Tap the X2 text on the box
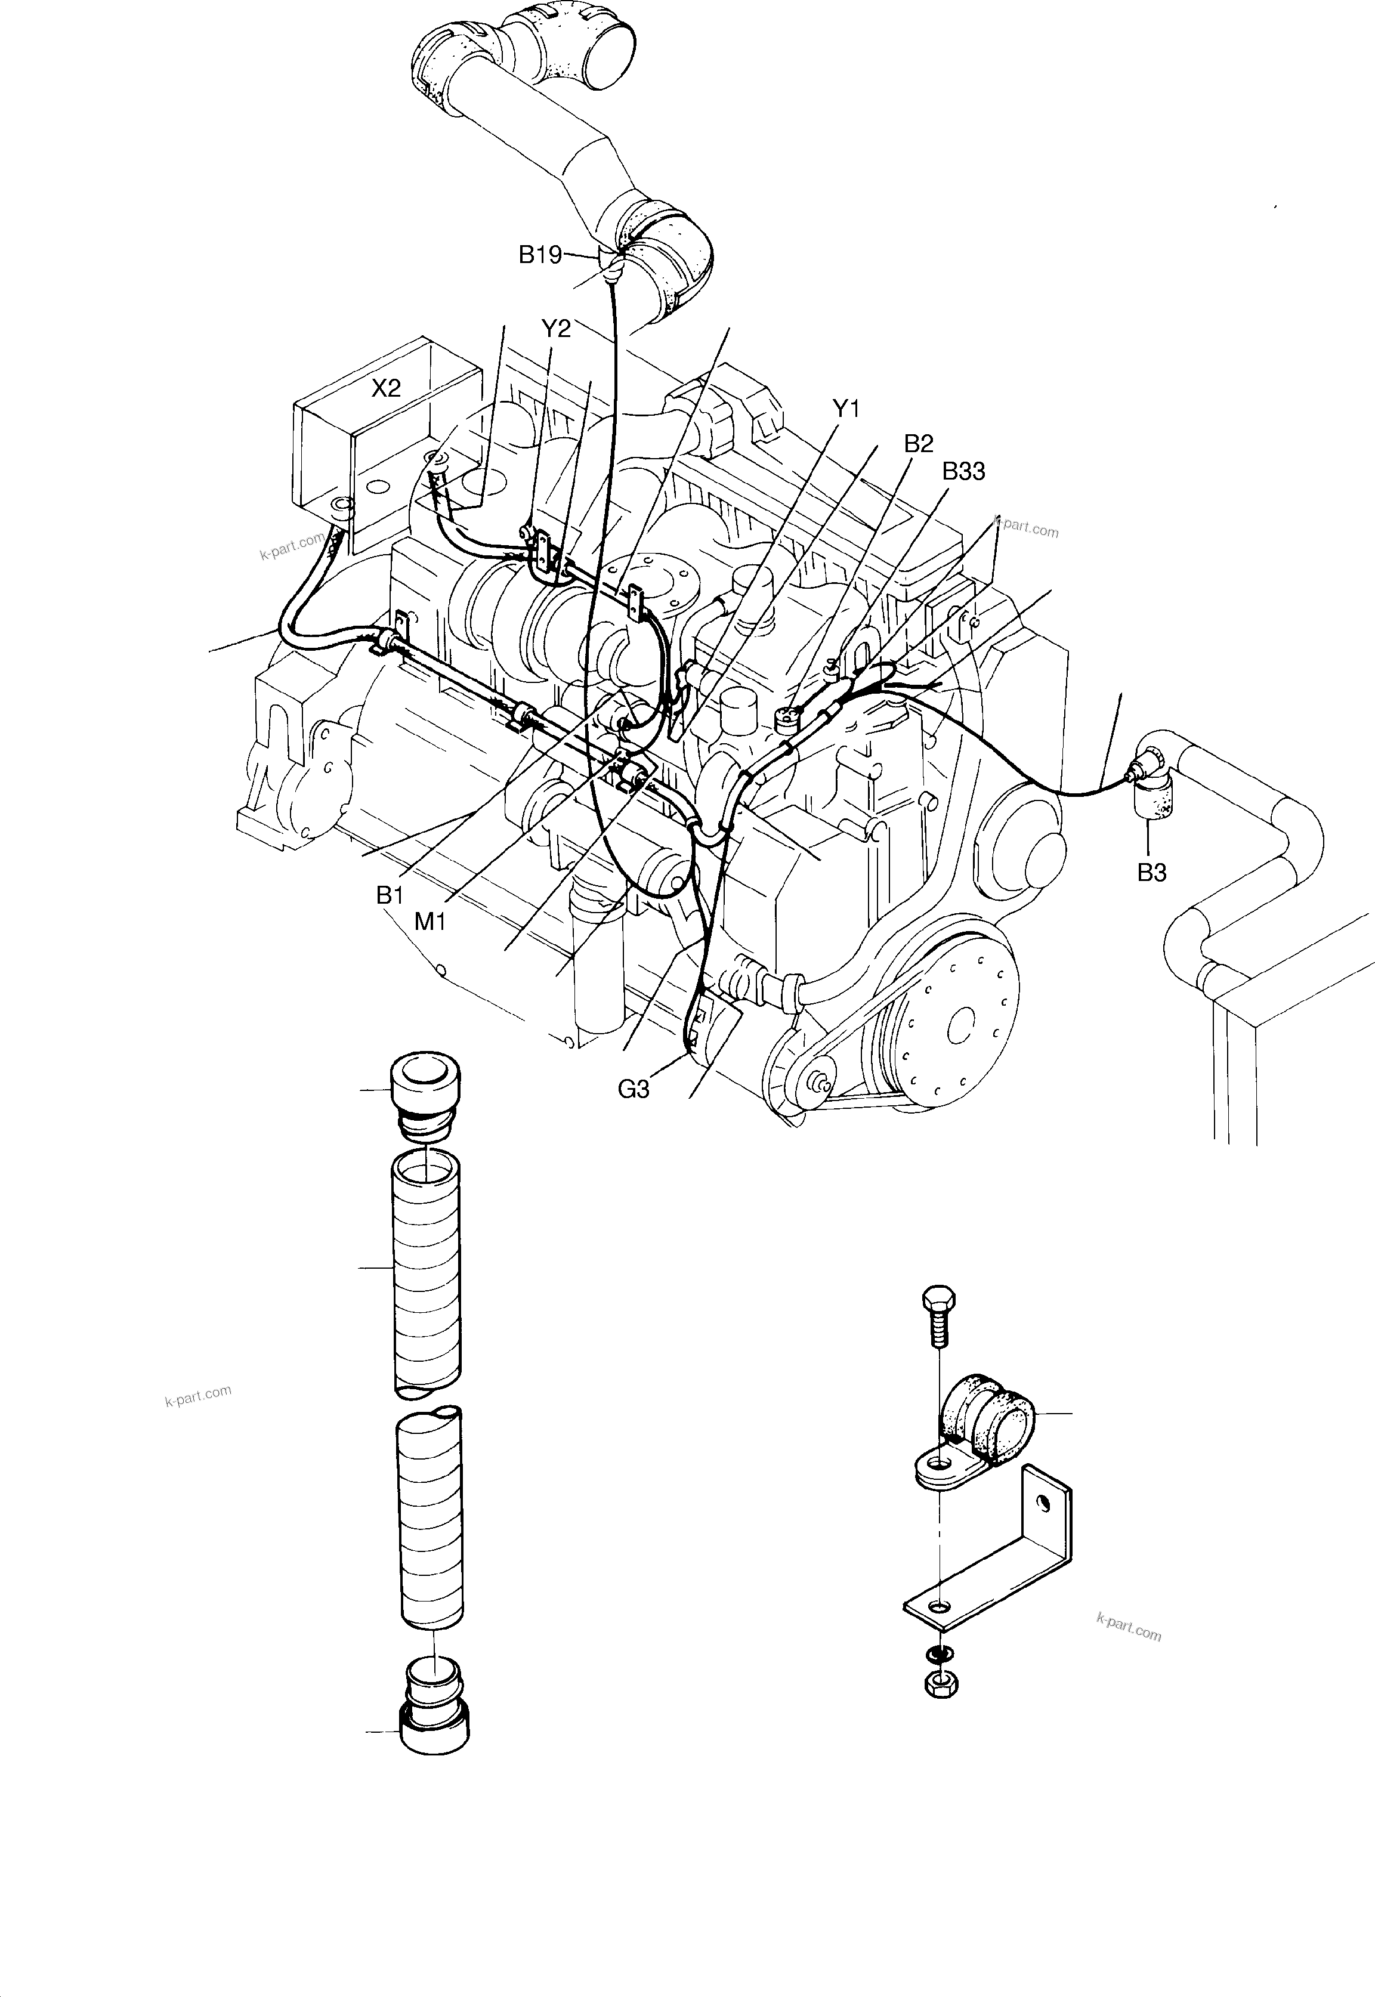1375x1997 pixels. (386, 388)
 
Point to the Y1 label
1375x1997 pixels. (846, 409)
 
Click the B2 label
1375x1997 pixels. (919, 444)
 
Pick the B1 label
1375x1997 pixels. (390, 896)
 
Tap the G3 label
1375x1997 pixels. (634, 1090)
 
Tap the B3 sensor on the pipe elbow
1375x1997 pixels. (1150, 783)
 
